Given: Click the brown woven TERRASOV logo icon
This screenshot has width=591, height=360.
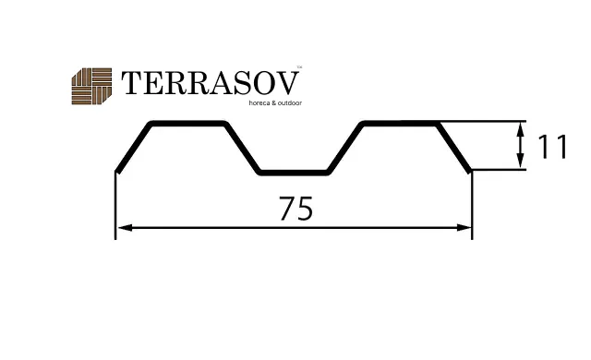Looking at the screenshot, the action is [x=91, y=86].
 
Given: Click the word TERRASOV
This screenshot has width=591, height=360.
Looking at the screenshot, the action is [x=211, y=83].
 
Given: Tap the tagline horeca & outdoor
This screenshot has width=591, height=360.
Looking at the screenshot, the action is [x=275, y=102].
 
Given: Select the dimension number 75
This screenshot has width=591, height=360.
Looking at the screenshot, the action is [x=295, y=209].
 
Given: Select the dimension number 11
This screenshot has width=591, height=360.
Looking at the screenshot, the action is [x=552, y=147].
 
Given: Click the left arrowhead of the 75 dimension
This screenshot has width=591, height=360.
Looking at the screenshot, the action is [x=125, y=227].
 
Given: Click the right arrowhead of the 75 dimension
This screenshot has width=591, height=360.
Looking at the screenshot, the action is [x=464, y=227].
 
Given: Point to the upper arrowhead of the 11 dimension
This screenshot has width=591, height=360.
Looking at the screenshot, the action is [x=521, y=130].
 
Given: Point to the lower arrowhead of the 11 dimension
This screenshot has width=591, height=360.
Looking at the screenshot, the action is [x=521, y=161].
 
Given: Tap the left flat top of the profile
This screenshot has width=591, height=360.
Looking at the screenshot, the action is [x=188, y=124].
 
